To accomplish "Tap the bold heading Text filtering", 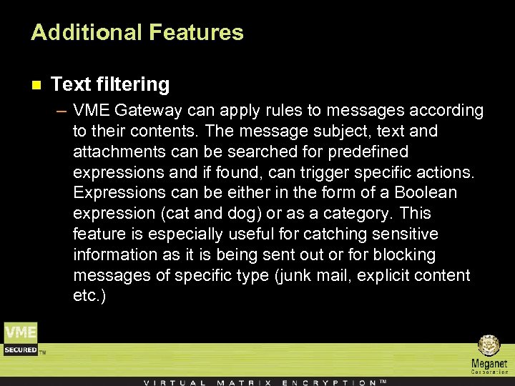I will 110,84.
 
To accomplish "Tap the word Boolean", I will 426,193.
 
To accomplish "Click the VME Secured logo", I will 21,339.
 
